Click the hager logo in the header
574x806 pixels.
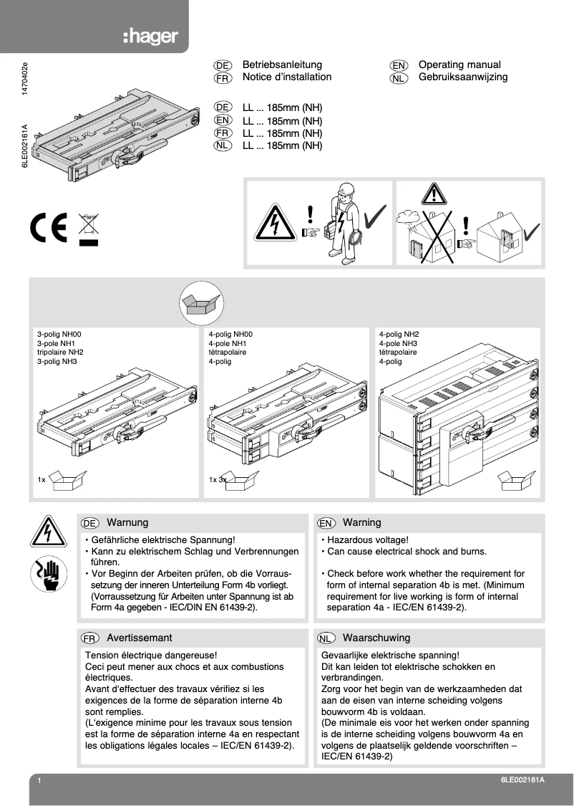coord(150,37)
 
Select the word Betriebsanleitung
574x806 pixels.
coord(282,64)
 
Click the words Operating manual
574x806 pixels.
coord(459,64)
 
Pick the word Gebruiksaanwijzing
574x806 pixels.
coord(463,77)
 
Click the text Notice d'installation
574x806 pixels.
coord(287,77)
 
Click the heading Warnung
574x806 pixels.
coord(127,522)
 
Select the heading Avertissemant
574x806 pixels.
coord(139,637)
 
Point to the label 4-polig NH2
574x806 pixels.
coord(399,334)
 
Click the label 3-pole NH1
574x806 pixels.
coord(56,343)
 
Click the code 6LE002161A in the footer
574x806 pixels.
coord(522,780)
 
